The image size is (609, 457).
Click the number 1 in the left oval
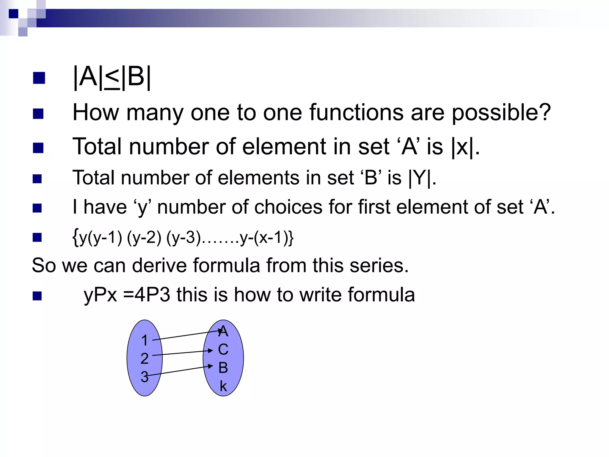point(145,340)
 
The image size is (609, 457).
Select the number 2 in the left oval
point(145,359)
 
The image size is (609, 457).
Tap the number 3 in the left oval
point(145,377)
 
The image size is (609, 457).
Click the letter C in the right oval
point(223,350)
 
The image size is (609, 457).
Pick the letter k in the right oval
point(223,386)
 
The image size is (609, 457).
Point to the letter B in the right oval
point(223,368)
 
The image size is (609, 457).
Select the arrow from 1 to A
point(187,335)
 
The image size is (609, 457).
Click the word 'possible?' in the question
point(501,113)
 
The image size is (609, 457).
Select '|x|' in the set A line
point(462,147)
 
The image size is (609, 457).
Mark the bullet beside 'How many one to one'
point(38,113)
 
